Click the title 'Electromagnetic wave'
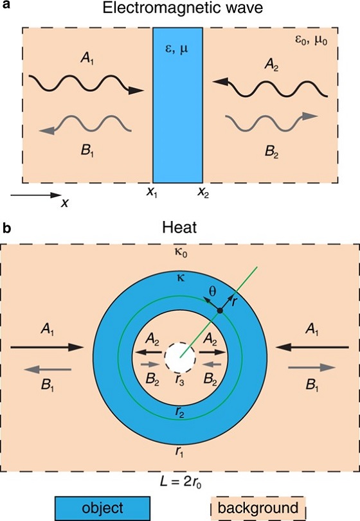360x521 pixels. click(183, 8)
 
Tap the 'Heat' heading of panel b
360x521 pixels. click(179, 227)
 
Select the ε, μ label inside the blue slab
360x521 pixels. click(177, 50)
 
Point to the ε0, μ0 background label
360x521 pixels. click(311, 41)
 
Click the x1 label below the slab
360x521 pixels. click(152, 192)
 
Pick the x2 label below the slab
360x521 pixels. click(203, 192)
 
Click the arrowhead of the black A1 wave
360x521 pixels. click(136, 90)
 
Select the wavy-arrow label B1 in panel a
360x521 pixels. click(87, 151)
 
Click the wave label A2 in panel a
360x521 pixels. click(271, 64)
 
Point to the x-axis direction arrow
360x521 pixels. click(36, 195)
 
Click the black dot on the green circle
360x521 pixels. click(220, 310)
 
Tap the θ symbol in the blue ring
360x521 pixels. click(212, 292)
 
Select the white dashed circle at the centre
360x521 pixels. click(180, 358)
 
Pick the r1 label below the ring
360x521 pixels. click(179, 452)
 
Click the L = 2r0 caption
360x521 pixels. click(181, 482)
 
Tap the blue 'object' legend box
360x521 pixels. click(102, 508)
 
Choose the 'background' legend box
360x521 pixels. click(258, 508)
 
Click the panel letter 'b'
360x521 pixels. click(6, 228)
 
